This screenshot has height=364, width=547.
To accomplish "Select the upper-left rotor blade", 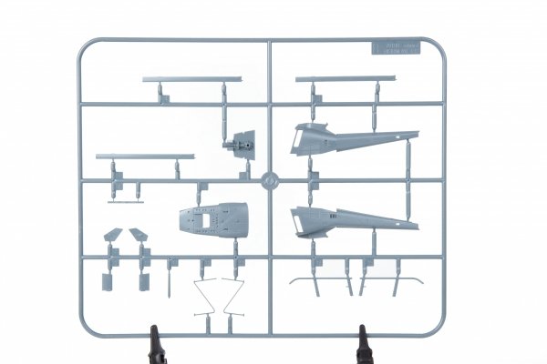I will point(191,80).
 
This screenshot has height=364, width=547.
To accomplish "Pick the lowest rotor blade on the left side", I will point(145,156).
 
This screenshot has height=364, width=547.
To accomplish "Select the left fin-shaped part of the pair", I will point(113,235).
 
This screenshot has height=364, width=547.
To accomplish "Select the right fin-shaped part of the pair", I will point(141,235).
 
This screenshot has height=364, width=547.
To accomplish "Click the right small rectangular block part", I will point(142,277).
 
